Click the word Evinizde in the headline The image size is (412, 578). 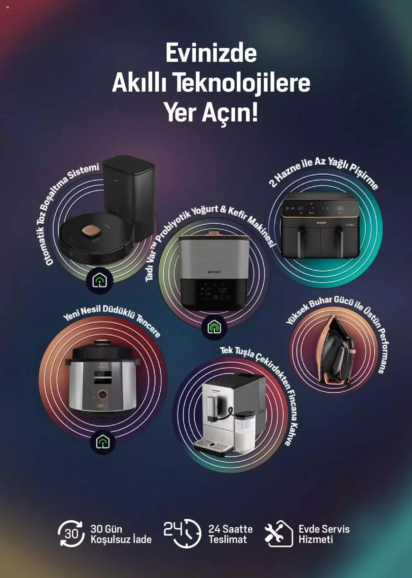(211, 54)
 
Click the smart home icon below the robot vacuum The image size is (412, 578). (100, 280)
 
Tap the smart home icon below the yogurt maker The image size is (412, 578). (214, 327)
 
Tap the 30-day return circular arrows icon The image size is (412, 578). (71, 534)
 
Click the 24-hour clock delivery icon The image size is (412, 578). (183, 533)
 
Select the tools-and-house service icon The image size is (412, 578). (279, 534)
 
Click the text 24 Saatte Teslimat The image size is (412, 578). (230, 534)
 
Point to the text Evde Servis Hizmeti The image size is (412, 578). (324, 534)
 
